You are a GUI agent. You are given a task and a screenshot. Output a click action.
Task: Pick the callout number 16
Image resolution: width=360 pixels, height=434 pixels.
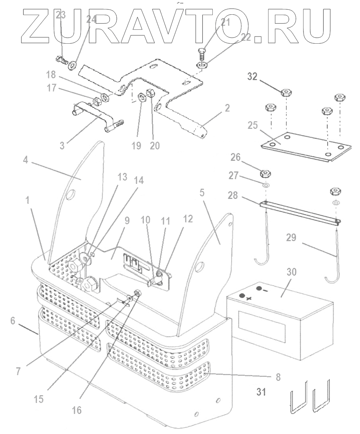[x=76, y=410]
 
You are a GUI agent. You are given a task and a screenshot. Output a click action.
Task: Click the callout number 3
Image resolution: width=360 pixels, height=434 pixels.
[x=62, y=145]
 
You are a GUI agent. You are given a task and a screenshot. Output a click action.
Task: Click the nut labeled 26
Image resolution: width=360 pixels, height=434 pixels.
[x=266, y=174]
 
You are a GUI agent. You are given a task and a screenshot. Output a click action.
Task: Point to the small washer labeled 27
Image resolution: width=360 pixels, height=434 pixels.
[x=266, y=186]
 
